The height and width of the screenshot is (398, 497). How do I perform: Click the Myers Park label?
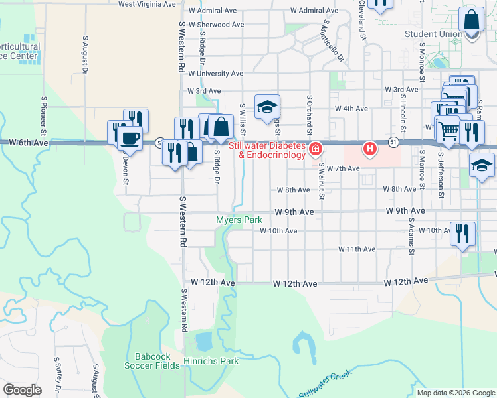[239, 220]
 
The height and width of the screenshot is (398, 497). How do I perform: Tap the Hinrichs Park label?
[220, 362]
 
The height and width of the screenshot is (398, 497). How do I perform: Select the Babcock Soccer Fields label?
[153, 360]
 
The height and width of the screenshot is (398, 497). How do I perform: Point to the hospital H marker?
[369, 148]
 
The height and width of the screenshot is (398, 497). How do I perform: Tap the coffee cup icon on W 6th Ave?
[130, 139]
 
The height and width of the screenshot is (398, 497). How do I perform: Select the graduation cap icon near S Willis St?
[267, 106]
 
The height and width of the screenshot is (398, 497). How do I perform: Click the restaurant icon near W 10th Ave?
[462, 233]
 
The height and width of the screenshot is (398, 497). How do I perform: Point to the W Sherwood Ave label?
[217, 25]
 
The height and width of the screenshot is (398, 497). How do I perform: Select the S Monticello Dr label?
[333, 39]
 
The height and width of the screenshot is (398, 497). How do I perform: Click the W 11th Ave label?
[357, 249]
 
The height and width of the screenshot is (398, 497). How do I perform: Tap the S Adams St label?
[412, 238]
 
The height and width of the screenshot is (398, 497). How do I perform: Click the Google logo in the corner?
[22, 390]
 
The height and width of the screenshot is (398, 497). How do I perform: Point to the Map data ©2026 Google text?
[455, 393]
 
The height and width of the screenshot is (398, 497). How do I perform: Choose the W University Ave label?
[215, 74]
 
